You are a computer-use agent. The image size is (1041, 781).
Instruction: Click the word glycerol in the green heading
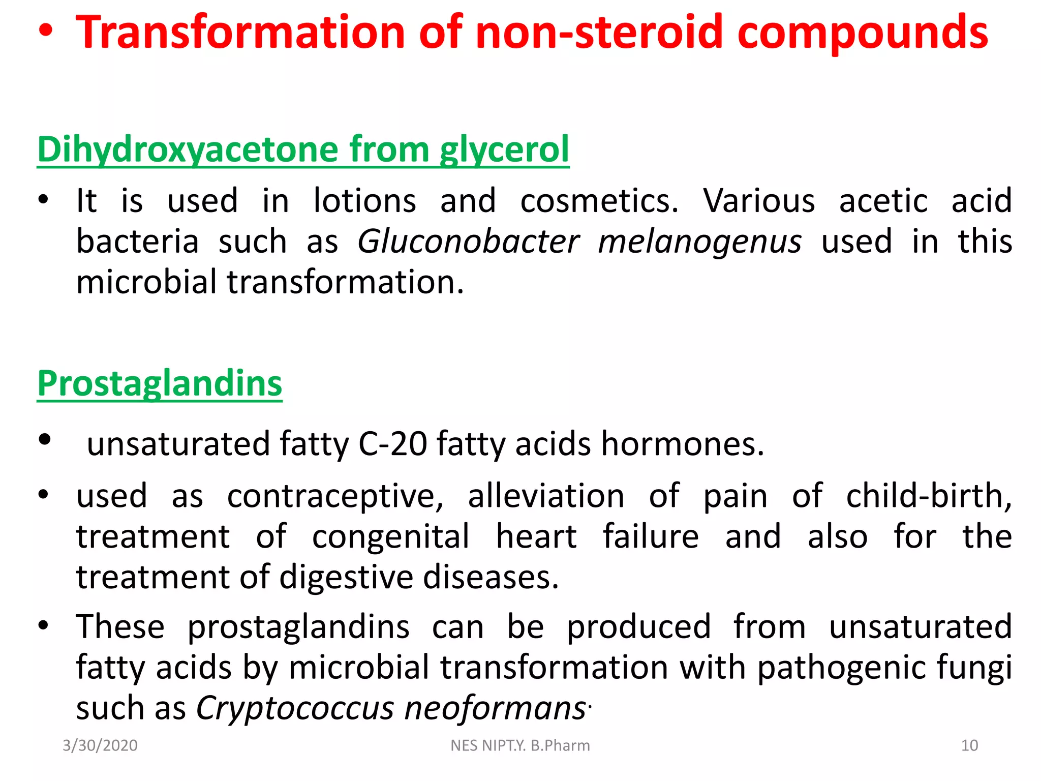tap(504, 151)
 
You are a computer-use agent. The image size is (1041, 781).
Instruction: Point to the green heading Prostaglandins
tap(160, 383)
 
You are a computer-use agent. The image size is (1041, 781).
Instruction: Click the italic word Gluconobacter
tap(468, 241)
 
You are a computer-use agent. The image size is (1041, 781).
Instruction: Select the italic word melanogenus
tap(700, 242)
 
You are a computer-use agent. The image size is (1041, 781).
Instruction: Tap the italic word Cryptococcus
tap(295, 708)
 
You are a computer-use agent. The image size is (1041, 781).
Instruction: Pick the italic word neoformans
tap(495, 708)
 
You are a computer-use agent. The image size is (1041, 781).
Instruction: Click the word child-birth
tap(929, 496)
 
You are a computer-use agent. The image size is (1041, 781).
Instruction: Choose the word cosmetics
tap(599, 200)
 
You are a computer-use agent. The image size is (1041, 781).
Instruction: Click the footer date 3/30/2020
tap(100, 745)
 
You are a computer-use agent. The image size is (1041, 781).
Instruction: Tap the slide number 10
tap(969, 745)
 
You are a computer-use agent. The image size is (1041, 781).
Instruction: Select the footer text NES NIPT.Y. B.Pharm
tap(520, 745)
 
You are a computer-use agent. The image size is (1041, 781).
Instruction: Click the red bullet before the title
tap(45, 32)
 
